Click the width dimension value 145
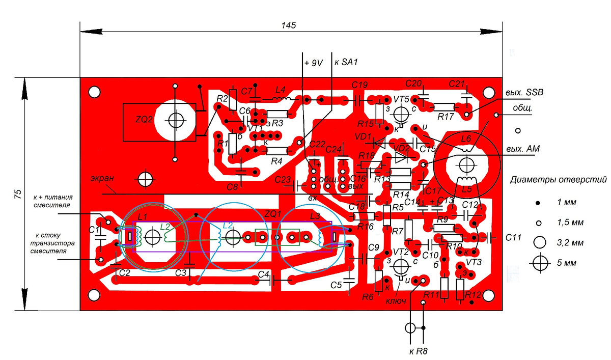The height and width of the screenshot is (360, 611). (288, 25)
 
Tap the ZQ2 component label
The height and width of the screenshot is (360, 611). (144, 120)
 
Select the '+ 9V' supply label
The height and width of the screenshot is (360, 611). (313, 63)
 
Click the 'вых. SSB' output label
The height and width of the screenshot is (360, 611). (524, 93)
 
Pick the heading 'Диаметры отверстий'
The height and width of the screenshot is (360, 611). (559, 180)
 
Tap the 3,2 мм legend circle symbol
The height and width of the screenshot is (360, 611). (539, 242)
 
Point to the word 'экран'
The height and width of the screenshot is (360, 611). (102, 179)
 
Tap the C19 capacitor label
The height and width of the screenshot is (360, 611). (359, 85)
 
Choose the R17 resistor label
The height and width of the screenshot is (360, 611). (445, 117)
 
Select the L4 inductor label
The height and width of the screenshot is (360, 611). (280, 89)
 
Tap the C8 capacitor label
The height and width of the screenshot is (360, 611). (232, 187)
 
